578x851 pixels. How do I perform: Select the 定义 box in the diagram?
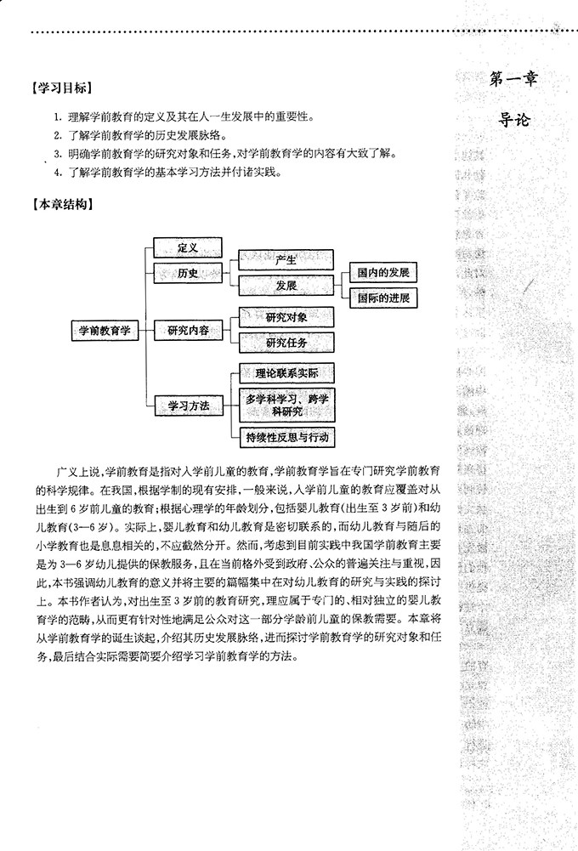[x=187, y=247]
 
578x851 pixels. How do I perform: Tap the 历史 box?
[x=187, y=273]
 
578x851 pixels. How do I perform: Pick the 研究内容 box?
[x=187, y=331]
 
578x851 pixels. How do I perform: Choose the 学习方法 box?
[x=187, y=406]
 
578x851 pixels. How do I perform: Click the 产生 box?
[x=286, y=260]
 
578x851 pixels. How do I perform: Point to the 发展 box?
[x=286, y=286]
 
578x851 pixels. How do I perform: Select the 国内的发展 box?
[x=383, y=273]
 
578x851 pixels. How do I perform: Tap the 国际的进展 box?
[x=383, y=298]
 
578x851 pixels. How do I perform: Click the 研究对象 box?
[x=286, y=317]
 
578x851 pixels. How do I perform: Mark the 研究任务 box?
[x=286, y=343]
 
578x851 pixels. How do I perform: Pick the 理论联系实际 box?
[x=286, y=373]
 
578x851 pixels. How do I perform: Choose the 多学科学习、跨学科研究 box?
[x=286, y=405]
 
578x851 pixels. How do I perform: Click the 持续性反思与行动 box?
[x=286, y=437]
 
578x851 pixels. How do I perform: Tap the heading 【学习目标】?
[x=60, y=88]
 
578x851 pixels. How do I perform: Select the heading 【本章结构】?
[x=60, y=204]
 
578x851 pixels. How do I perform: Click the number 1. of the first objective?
[x=56, y=116]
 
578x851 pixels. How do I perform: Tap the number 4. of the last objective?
[x=56, y=173]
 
